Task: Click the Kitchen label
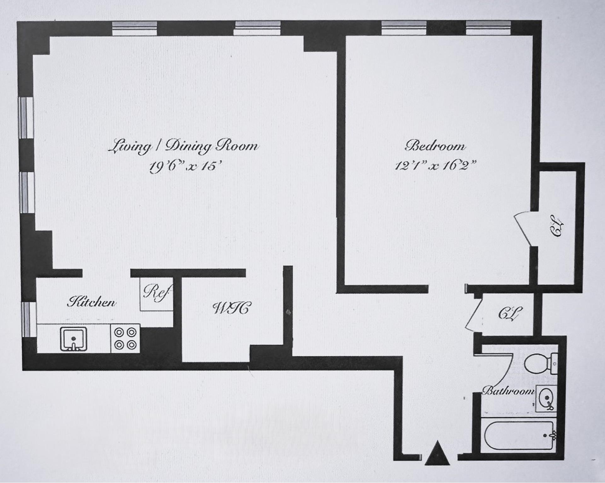[91, 302]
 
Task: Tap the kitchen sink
[73, 339]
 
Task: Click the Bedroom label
[435, 146]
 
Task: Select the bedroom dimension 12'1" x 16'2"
[435, 165]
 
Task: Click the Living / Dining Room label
[183, 147]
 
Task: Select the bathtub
[519, 436]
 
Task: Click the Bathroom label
[508, 391]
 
